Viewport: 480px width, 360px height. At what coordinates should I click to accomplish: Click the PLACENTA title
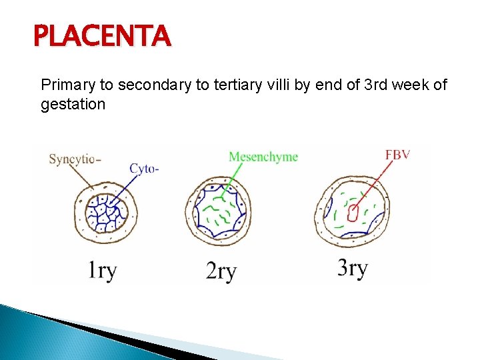coord(103,36)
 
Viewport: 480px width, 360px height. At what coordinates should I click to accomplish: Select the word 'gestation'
coord(73,104)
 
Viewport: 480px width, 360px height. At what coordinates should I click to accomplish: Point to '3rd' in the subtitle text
coord(353,85)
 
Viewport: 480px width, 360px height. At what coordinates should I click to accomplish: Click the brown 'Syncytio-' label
coord(75,159)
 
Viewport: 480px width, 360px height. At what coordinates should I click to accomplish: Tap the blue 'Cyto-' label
coord(144,169)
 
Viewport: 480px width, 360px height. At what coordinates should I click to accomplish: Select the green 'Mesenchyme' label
coord(263,157)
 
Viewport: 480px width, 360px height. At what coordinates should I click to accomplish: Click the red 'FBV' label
coord(397,155)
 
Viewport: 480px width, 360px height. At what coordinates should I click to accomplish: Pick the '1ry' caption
coord(102,270)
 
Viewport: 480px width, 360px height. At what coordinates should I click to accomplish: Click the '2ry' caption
coord(221,271)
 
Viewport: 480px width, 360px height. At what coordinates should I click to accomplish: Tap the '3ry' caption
coord(352,268)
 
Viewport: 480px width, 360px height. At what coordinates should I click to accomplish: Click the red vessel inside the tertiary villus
coord(353,212)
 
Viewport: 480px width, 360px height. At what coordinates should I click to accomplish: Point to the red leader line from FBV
coord(373,183)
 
